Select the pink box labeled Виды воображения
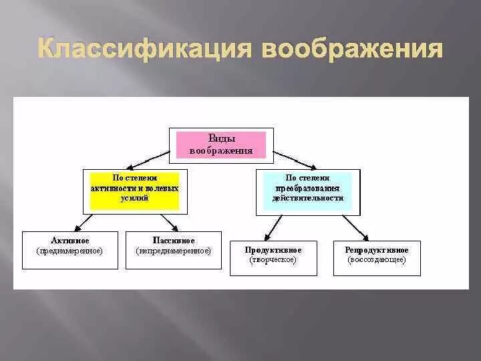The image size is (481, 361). pos(220,144)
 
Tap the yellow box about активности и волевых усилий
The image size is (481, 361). pos(135,190)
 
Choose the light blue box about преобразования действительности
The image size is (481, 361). pos(308,190)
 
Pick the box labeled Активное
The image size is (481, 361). pos(69,250)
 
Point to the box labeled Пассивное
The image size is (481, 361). pos(173,250)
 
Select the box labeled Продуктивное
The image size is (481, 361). pos(273,257)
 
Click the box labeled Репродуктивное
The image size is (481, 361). pos(377,257)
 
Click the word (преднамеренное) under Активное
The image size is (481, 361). pos(69,251)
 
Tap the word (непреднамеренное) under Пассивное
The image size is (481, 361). pos(173,251)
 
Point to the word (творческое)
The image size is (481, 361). pos(273,259)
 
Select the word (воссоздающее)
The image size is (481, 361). pos(377,259)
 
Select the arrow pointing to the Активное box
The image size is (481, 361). pos(83,223)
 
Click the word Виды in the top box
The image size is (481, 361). pos(220,138)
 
